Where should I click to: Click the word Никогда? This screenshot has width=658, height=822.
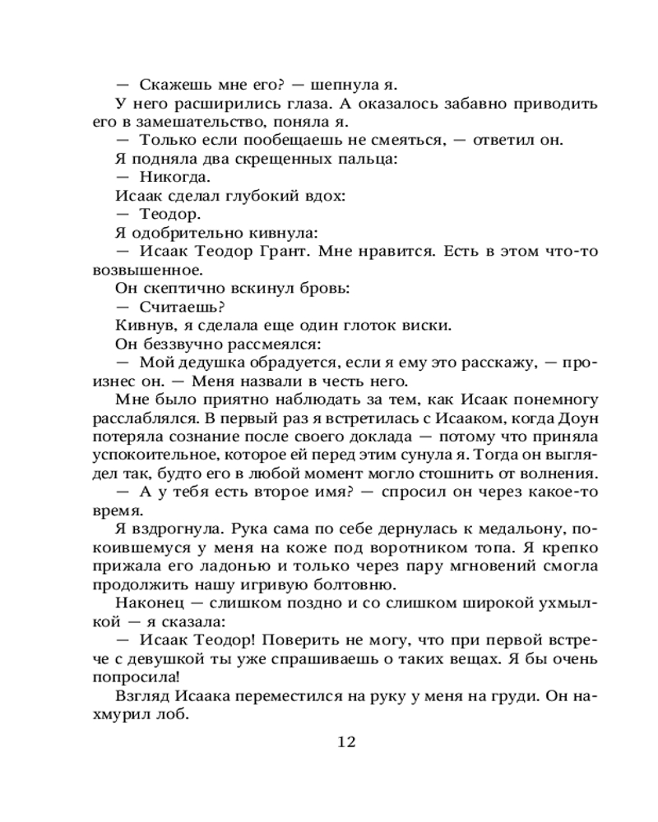[x=164, y=177]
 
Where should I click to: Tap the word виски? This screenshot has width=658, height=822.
[x=429, y=325]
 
